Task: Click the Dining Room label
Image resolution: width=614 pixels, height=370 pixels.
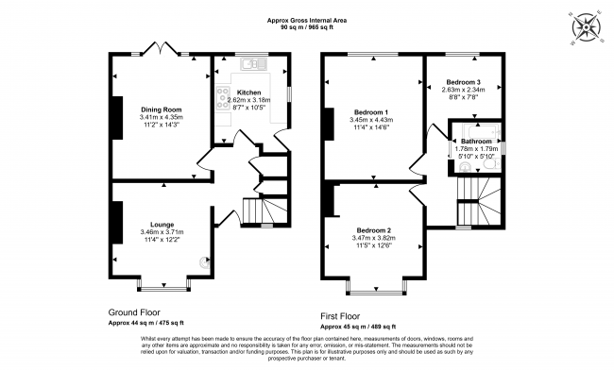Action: (x=160, y=109)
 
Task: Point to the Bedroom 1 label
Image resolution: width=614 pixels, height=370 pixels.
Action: (x=371, y=111)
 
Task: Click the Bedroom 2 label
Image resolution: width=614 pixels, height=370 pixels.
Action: (x=374, y=230)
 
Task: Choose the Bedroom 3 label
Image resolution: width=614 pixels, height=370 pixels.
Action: (x=463, y=83)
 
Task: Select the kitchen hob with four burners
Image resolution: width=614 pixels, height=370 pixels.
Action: (x=224, y=95)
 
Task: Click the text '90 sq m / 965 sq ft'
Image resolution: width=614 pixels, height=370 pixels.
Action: (x=307, y=27)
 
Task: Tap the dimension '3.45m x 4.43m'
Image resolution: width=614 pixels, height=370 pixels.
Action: (x=371, y=121)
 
